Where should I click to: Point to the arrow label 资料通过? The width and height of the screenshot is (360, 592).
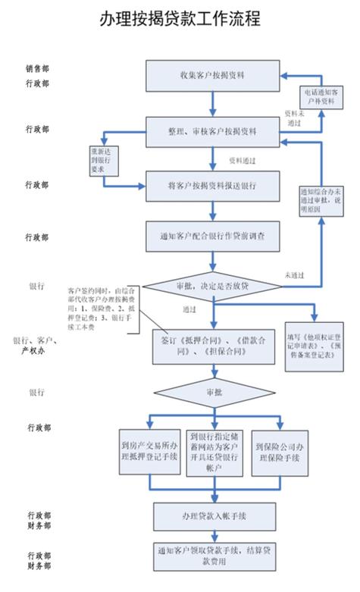(x=241, y=161)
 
